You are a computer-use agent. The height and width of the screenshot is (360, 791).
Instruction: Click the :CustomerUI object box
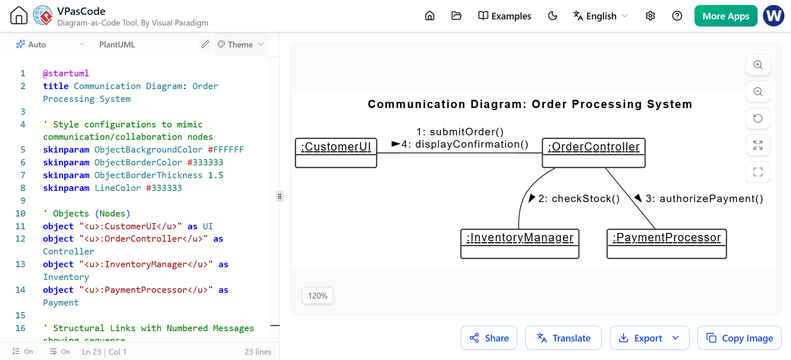coord(336,153)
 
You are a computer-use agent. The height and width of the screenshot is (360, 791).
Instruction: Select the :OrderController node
coord(593,153)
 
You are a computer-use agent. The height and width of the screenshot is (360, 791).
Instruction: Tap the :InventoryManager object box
coord(520,244)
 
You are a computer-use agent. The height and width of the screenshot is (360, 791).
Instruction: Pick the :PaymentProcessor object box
coord(666,244)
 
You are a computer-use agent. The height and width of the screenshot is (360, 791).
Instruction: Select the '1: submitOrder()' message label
coord(460,132)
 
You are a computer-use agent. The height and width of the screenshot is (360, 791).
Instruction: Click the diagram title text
coord(530,104)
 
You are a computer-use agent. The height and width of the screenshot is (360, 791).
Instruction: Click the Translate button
coord(563,338)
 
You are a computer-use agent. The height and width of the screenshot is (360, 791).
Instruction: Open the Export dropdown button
coord(649,338)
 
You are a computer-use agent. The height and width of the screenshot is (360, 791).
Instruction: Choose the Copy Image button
coord(739,338)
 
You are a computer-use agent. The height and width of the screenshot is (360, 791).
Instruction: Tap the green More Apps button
coord(726,16)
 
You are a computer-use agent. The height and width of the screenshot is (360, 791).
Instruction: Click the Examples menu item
coord(505,16)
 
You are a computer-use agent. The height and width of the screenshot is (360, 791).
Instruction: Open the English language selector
coord(600,16)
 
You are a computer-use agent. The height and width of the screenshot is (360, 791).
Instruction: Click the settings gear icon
coord(650,16)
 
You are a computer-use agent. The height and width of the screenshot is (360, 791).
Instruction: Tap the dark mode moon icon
coord(553,16)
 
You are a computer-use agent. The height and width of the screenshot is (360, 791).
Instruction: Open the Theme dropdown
coord(241,45)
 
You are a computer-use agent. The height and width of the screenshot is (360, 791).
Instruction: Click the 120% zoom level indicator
coord(318,296)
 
